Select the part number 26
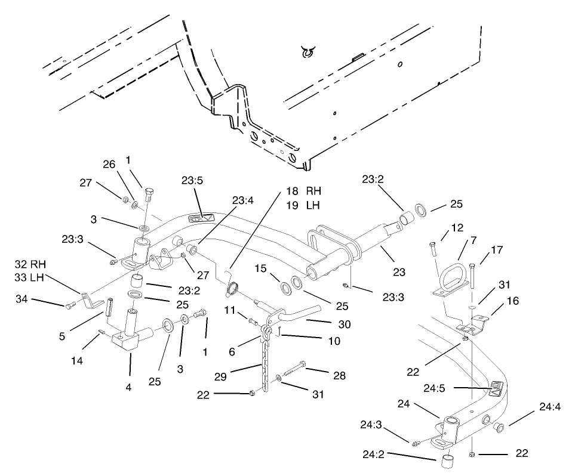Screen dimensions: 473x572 tap(109, 163)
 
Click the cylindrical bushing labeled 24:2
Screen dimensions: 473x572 tap(448, 462)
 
